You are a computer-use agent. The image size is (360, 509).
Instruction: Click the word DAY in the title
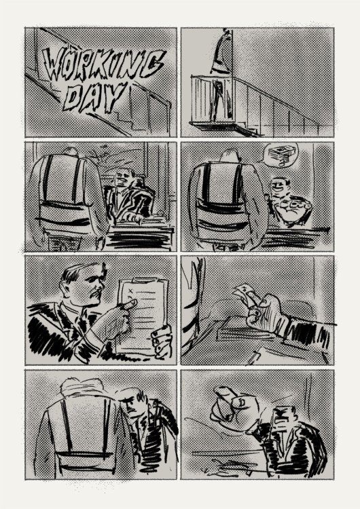coord(94,96)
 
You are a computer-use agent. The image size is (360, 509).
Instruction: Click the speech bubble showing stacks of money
coord(280,155)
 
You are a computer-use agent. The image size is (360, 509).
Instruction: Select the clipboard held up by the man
coord(143,316)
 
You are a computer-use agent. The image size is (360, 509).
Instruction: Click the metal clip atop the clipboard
coord(143,280)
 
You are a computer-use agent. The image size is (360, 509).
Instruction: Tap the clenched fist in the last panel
coord(234,407)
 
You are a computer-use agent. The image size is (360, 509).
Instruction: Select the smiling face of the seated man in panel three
coord(124,179)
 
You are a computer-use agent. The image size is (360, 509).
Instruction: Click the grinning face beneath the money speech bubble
coord(278,187)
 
